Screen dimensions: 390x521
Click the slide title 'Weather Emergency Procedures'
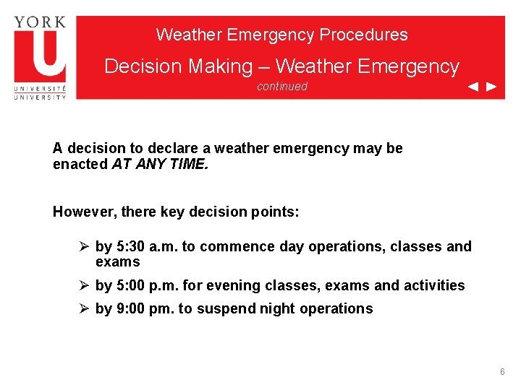pos(281,35)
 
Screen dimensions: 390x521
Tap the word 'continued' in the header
pos(281,87)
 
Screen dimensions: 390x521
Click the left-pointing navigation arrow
pos(473,87)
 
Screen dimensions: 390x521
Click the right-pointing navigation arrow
pos(491,87)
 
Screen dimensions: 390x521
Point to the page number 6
pos(502,371)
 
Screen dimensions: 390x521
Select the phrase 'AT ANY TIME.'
pos(159,164)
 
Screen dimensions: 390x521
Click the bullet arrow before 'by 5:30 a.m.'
pos(84,246)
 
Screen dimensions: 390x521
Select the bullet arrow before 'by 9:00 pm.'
pos(84,308)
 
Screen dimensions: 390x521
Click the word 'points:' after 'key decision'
pos(275,212)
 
